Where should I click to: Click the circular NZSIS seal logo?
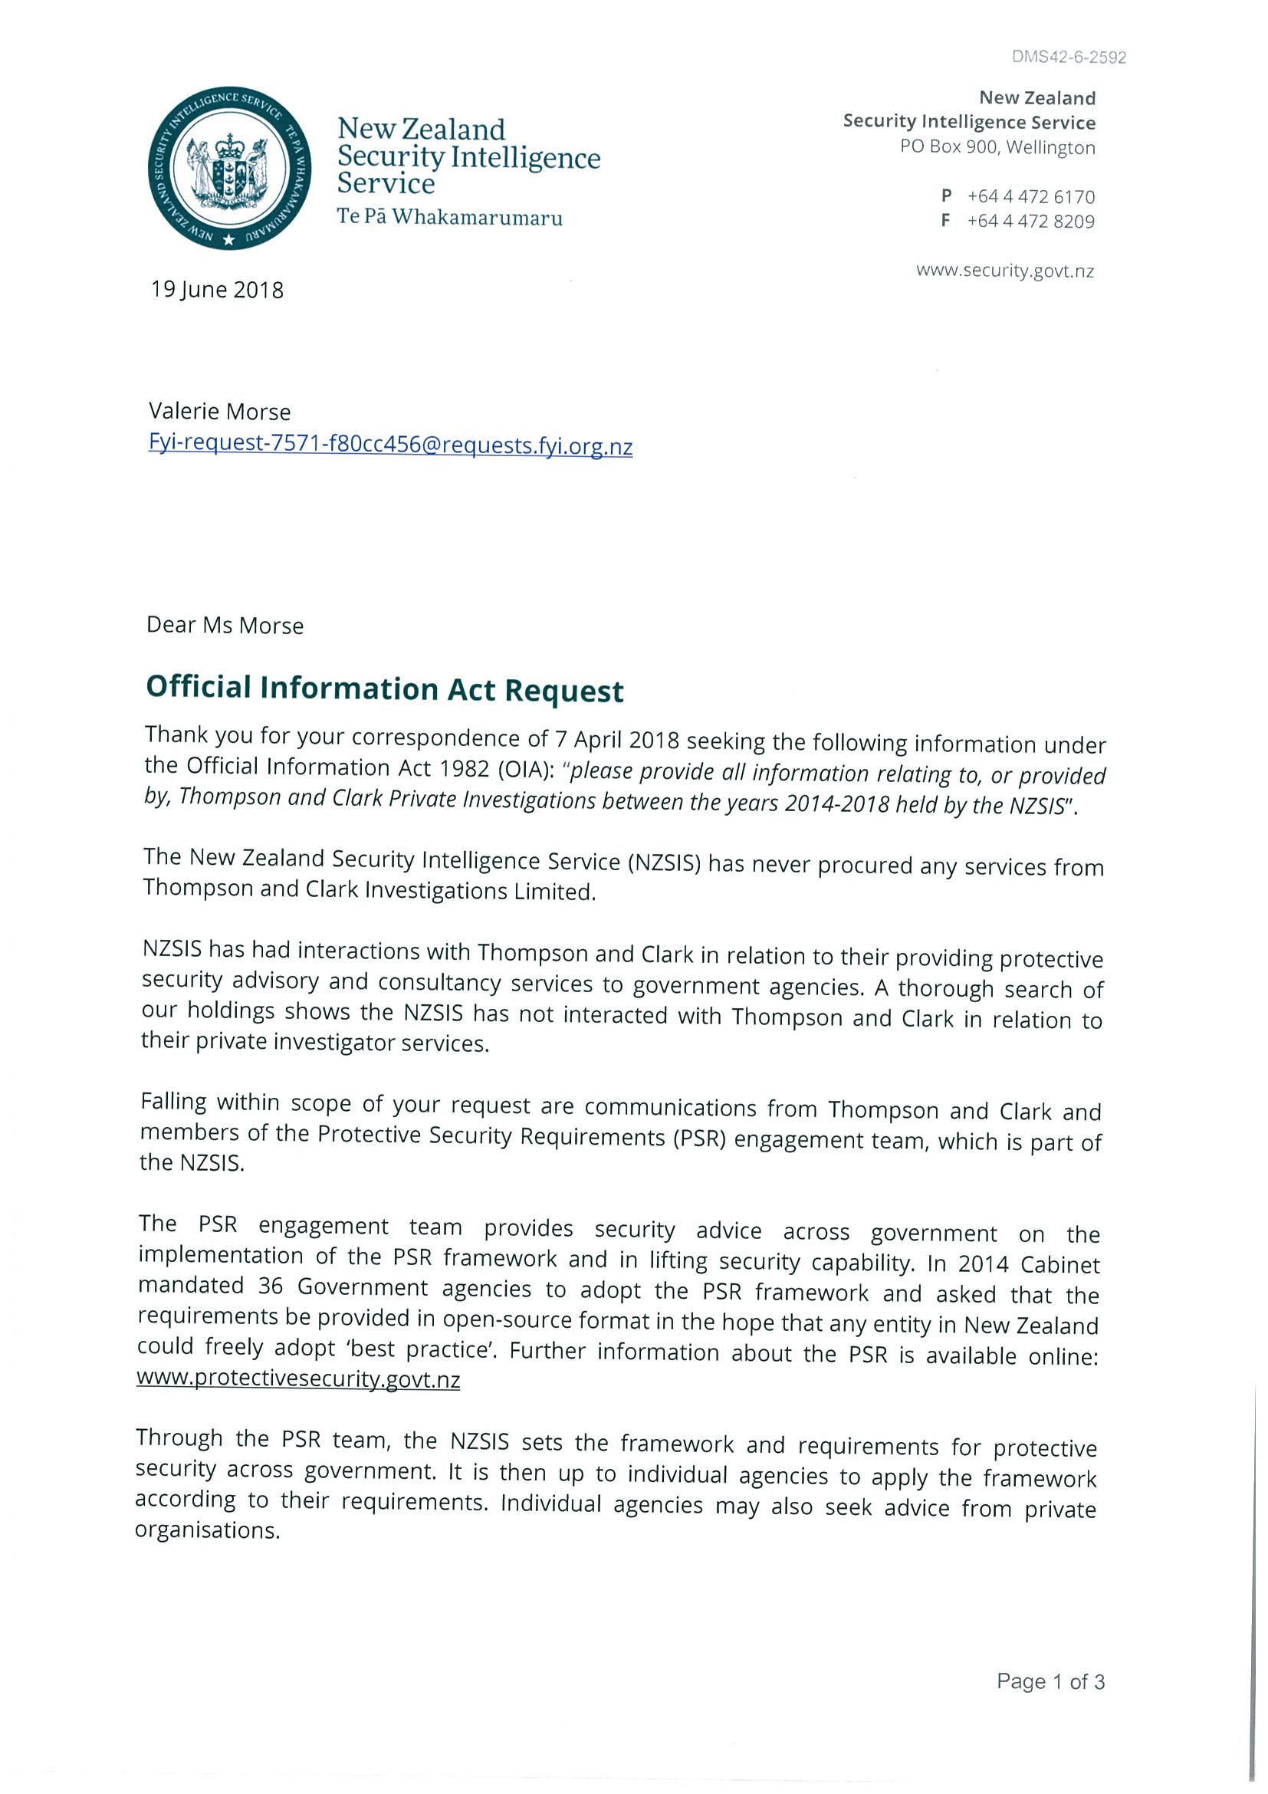click(229, 169)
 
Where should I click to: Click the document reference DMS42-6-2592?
click(1068, 57)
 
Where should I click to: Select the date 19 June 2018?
click(217, 290)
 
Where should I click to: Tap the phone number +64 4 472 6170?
click(1030, 196)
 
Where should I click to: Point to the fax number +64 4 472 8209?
click(1030, 221)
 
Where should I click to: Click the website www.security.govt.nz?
click(1005, 271)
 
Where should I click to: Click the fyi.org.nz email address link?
click(390, 445)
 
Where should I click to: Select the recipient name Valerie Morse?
click(219, 412)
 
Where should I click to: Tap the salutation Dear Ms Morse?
click(225, 625)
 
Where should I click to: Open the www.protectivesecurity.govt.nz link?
click(297, 1379)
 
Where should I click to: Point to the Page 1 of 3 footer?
click(1050, 1681)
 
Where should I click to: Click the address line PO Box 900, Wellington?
click(997, 147)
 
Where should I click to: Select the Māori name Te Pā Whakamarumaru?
click(449, 217)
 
